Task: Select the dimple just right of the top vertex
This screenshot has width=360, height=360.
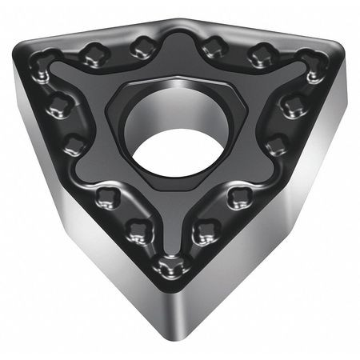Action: click(211, 46)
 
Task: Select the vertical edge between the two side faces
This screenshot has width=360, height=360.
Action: click(171, 312)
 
